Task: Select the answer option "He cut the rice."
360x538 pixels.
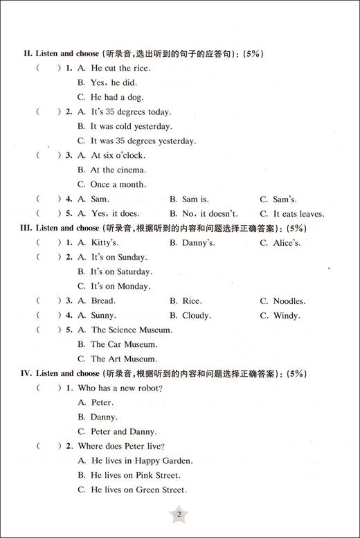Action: point(120,68)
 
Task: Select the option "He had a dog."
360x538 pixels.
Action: point(117,97)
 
